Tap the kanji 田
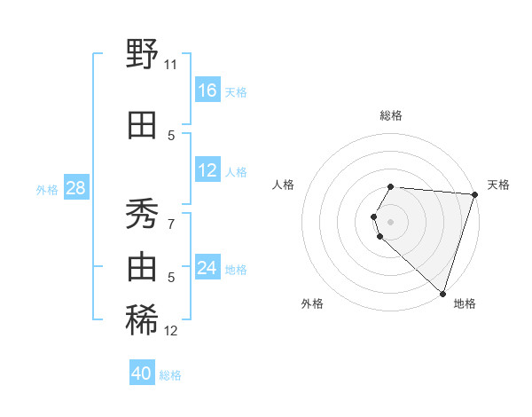pyautogui.click(x=143, y=126)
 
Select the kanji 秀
pyautogui.click(x=143, y=213)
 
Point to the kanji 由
pyautogui.click(x=143, y=266)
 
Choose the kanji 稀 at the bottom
pyautogui.click(x=143, y=320)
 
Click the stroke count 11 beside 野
pyautogui.click(x=171, y=64)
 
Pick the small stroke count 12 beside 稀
pyautogui.click(x=171, y=331)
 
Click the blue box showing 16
pyautogui.click(x=207, y=90)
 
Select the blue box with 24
pyautogui.click(x=207, y=268)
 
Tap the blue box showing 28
pyautogui.click(x=75, y=188)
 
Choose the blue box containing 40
pyautogui.click(x=142, y=374)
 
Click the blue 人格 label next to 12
pyautogui.click(x=236, y=172)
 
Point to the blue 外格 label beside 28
pyautogui.click(x=47, y=190)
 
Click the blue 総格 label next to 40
pyautogui.click(x=170, y=375)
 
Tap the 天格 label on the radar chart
pyautogui.click(x=498, y=185)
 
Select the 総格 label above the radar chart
pyautogui.click(x=391, y=115)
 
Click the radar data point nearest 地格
pyautogui.click(x=442, y=294)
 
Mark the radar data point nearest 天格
pyautogui.click(x=475, y=194)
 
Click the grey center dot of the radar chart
pyautogui.click(x=391, y=220)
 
